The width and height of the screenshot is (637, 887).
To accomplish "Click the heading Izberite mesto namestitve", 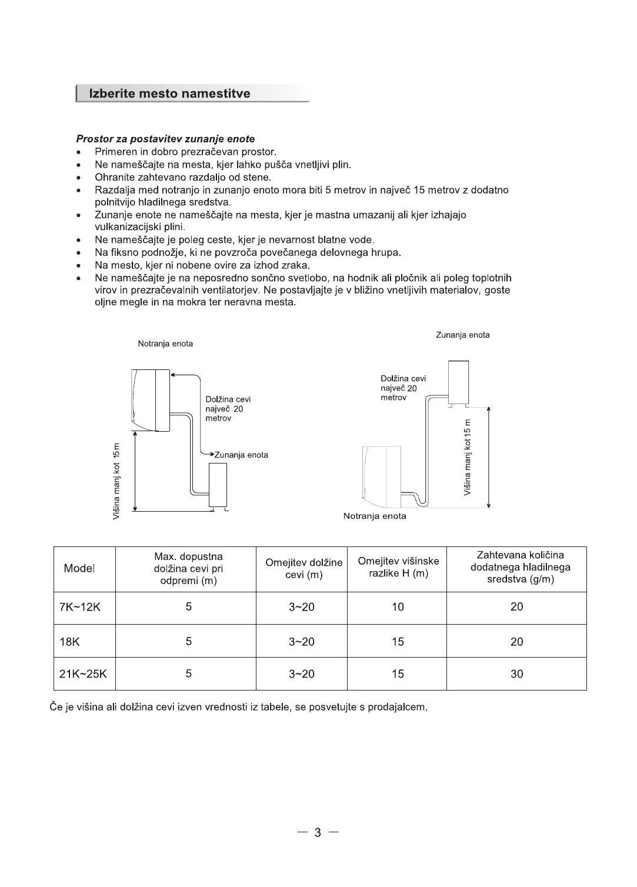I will pyautogui.click(x=169, y=94).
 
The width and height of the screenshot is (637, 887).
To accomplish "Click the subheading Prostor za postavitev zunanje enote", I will pyautogui.click(x=165, y=139).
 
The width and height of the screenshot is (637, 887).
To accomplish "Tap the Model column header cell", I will pyautogui.click(x=79, y=568).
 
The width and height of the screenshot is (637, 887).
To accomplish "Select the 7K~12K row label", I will pyautogui.click(x=80, y=607).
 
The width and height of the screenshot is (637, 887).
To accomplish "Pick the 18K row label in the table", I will pyautogui.click(x=69, y=642).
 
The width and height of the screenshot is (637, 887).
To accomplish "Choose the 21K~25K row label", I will pyautogui.click(x=83, y=674).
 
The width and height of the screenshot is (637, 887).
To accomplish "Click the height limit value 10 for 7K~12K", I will pyautogui.click(x=398, y=607).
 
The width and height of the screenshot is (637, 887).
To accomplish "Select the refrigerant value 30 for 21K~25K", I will pyautogui.click(x=516, y=674).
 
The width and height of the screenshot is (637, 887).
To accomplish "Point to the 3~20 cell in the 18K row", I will pyautogui.click(x=301, y=642).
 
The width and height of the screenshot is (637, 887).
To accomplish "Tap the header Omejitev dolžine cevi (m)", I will pyautogui.click(x=304, y=568).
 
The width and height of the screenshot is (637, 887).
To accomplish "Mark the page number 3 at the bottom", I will pyautogui.click(x=318, y=832).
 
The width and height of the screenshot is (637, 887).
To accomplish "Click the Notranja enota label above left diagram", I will pyautogui.click(x=165, y=344).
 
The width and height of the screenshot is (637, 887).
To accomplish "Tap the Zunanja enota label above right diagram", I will pyautogui.click(x=462, y=335).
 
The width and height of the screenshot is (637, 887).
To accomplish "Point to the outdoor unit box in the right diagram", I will pyautogui.click(x=459, y=383).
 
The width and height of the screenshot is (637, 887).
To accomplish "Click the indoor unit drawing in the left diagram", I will pyautogui.click(x=151, y=400).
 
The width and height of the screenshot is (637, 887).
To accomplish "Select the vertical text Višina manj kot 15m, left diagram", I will pyautogui.click(x=116, y=481).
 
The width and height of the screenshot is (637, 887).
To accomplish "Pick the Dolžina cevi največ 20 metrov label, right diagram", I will pyautogui.click(x=403, y=388).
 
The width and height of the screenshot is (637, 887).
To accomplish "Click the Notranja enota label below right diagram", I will pyautogui.click(x=375, y=516).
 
